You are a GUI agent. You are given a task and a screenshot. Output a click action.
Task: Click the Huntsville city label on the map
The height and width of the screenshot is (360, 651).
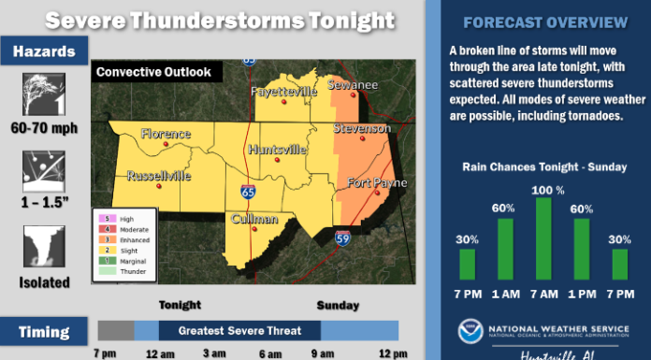coord(278,149)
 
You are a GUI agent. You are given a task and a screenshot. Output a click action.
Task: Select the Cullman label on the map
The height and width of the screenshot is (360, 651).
coord(255,219)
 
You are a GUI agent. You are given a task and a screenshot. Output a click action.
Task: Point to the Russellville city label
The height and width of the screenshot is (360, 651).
coord(158,174)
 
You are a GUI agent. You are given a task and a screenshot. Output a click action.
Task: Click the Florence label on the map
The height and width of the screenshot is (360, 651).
coord(165,134)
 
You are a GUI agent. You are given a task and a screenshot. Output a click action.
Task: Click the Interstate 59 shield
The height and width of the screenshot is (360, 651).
coord(343,238)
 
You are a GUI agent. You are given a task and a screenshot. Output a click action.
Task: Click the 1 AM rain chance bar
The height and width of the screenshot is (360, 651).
coord(505,249)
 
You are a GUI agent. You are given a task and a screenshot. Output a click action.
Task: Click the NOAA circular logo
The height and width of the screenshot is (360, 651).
coord(471,332)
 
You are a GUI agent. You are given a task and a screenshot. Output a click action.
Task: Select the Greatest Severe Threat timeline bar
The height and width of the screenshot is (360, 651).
coord(240,330)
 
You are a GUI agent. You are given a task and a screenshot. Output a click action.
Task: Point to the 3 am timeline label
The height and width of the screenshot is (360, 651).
coord(213,353)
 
